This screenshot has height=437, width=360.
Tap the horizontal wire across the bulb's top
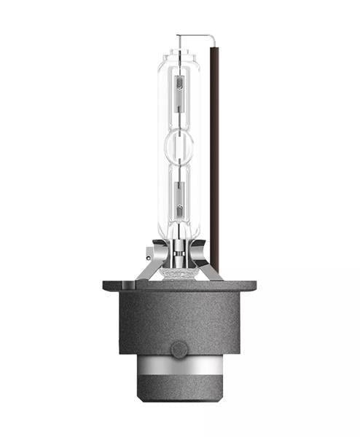(195, 35)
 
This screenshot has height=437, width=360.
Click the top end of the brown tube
(216, 47)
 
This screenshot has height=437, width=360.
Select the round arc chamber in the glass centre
(179, 146)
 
